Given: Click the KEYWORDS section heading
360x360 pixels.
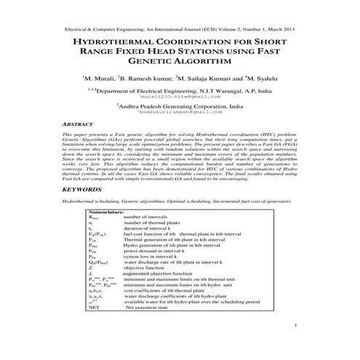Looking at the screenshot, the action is (82, 189).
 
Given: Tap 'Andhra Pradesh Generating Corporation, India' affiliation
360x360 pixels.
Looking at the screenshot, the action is (180, 106).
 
